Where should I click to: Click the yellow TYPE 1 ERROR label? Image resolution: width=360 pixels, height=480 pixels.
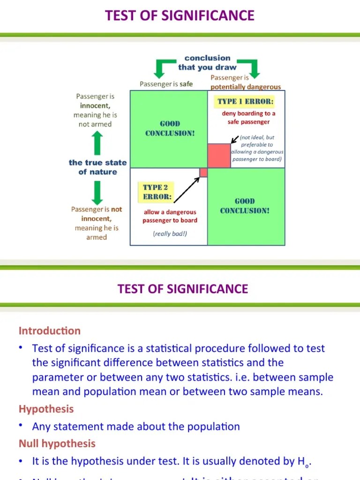tap(245, 102)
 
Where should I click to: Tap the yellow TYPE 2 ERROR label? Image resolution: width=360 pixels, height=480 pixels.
tap(157, 192)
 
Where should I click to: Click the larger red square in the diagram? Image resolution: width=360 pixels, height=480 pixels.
tap(219, 156)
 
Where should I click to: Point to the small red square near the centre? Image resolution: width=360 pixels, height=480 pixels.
tap(203, 172)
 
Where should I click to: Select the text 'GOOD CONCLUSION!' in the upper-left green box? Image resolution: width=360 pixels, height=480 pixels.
tap(170, 128)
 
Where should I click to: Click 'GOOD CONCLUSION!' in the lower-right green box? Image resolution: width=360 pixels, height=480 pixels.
tap(245, 206)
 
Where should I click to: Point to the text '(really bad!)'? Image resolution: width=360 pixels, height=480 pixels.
tap(170, 233)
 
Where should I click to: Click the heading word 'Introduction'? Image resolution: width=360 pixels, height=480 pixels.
tap(50, 331)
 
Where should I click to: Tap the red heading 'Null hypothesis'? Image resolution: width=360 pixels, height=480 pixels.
tap(57, 443)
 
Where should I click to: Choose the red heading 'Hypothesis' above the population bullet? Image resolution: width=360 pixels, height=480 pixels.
tap(46, 409)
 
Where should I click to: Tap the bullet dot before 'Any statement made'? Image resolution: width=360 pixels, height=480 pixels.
tap(21, 425)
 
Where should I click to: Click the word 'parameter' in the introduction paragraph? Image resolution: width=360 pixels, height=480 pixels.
tap(54, 377)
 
